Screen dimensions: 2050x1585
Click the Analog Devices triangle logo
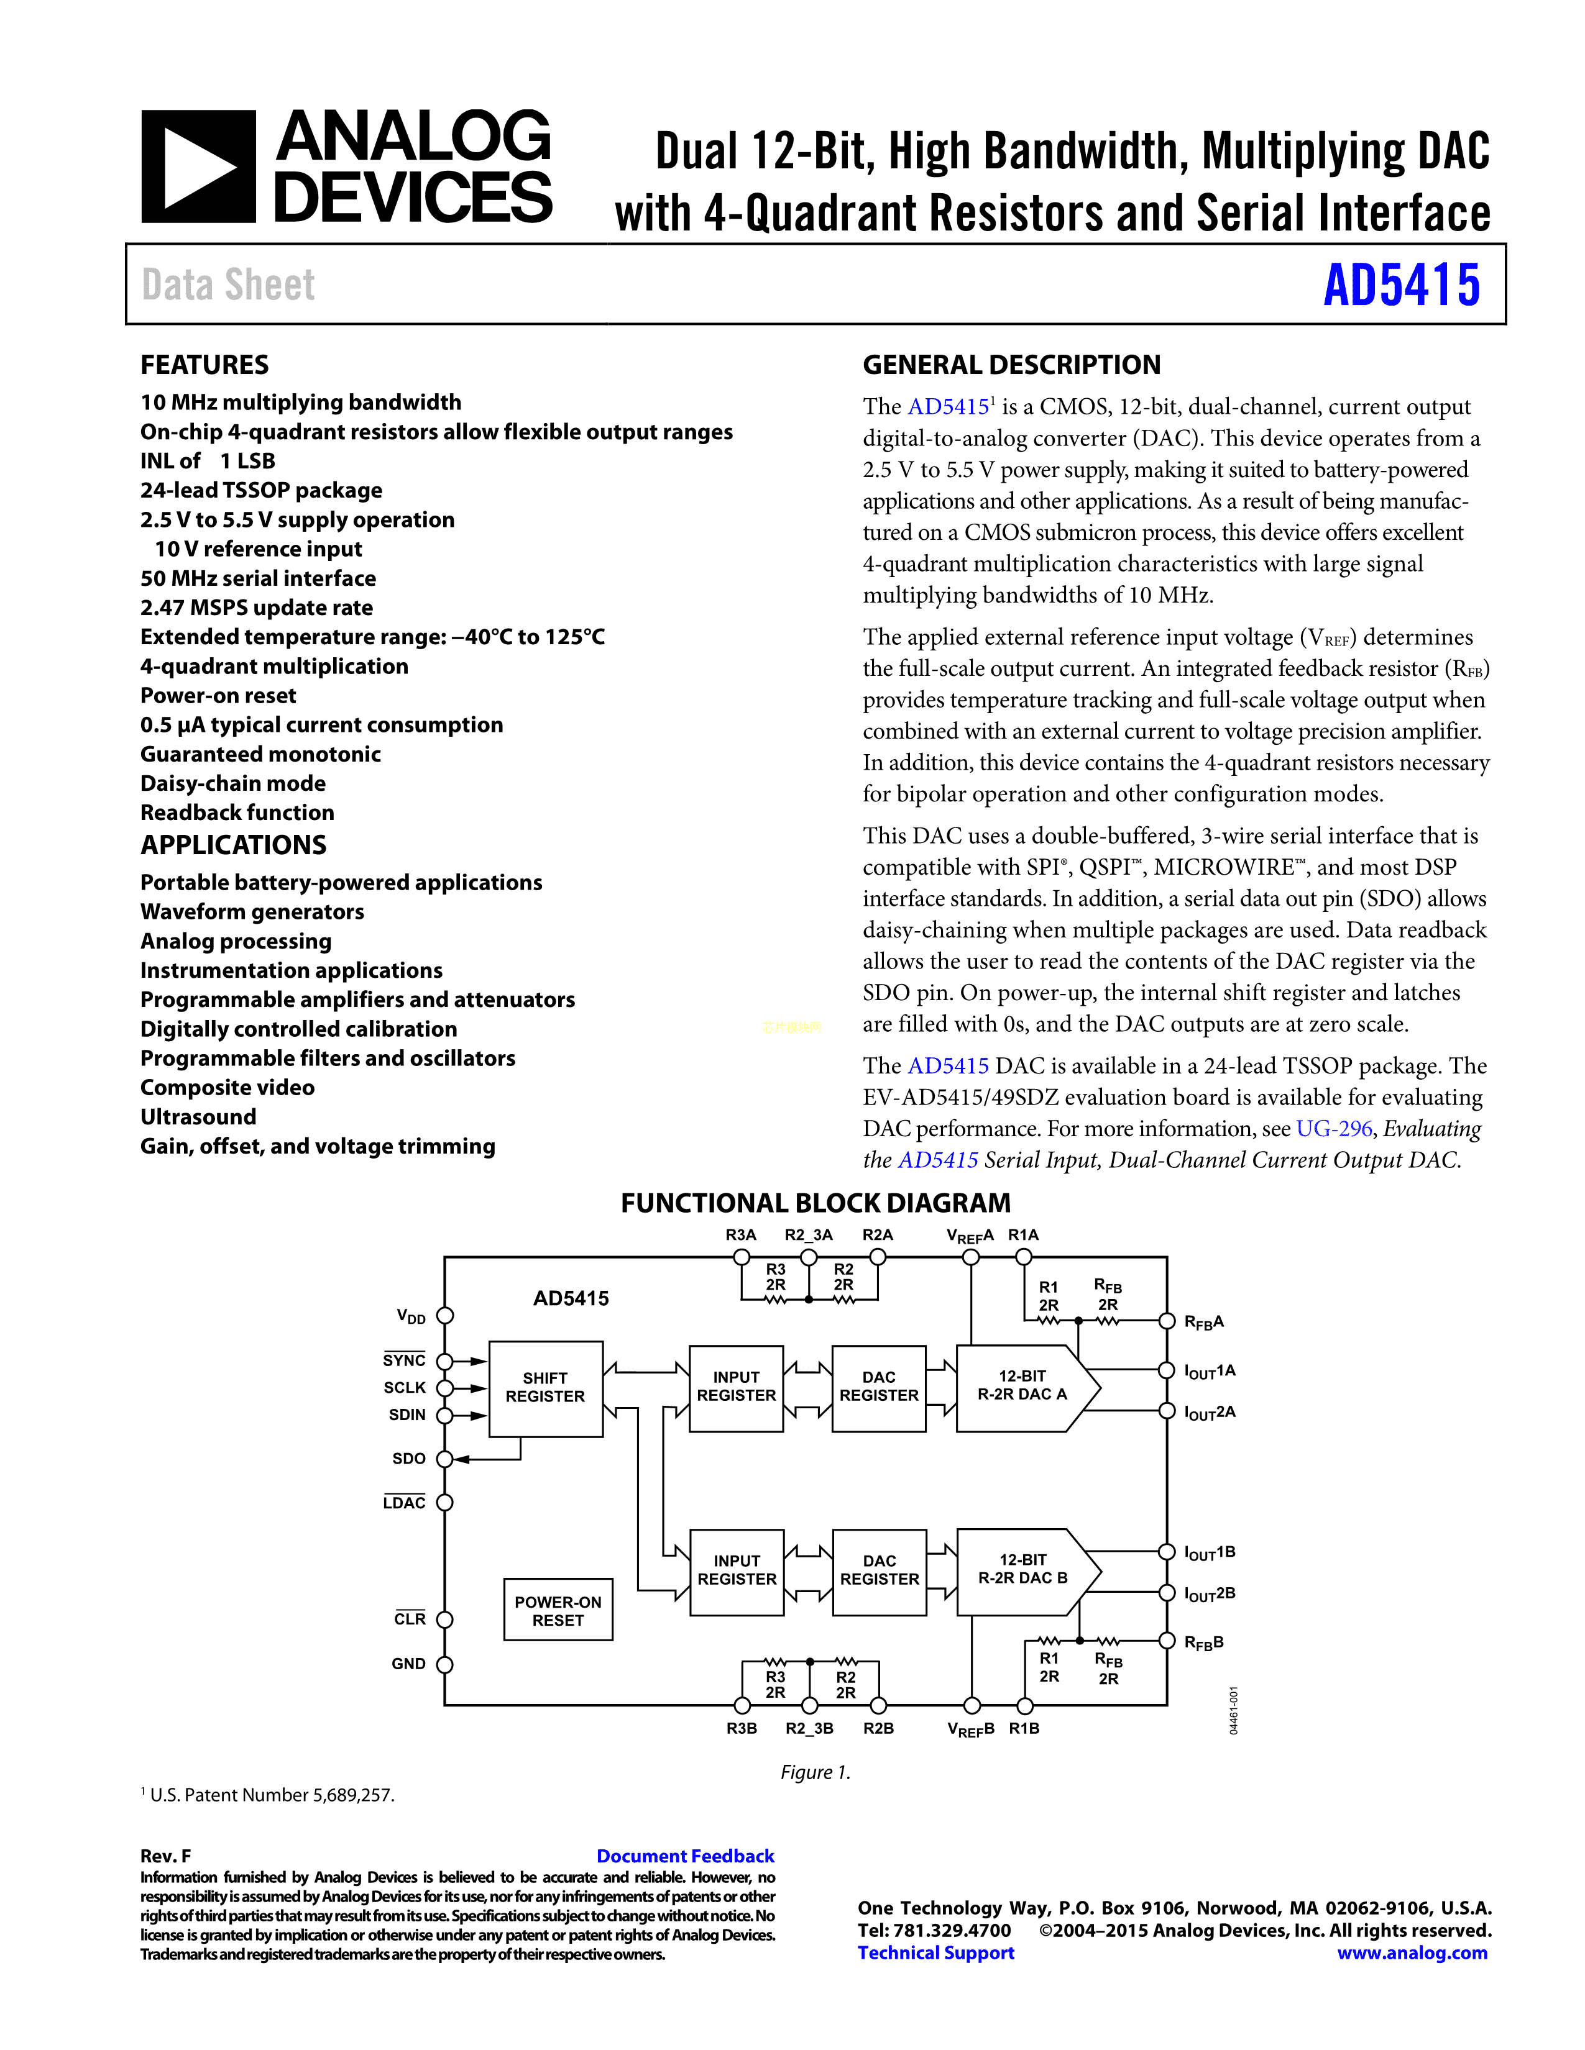tap(198, 167)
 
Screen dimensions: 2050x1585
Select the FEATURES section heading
tap(204, 365)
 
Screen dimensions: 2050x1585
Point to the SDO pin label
tap(408, 1459)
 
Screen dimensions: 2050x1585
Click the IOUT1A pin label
tap(1210, 1372)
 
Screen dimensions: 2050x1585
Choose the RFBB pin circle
tap(1167, 1641)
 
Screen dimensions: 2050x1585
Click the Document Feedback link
tap(686, 1856)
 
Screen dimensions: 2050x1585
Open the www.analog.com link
tap(1412, 1953)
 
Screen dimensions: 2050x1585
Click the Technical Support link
tap(936, 1953)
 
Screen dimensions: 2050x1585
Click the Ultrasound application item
tap(198, 1117)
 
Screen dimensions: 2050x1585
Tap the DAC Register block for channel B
tap(880, 1570)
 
